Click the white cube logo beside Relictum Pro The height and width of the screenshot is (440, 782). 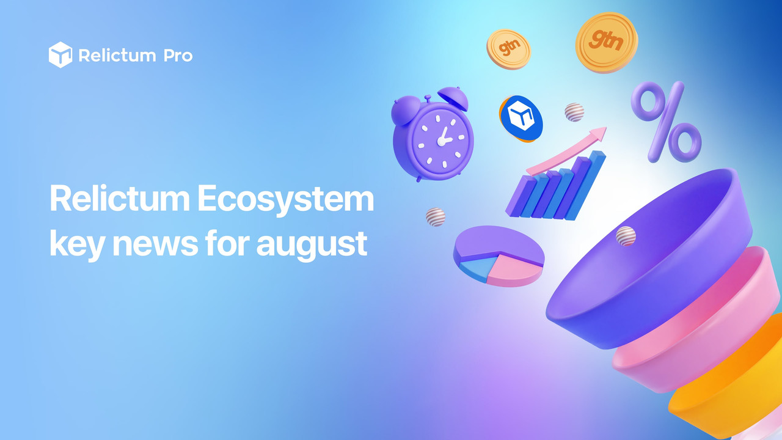(x=60, y=55)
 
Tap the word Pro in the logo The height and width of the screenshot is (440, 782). (x=178, y=56)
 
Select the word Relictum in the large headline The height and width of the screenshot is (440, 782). (x=120, y=198)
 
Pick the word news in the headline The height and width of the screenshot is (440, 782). (x=155, y=243)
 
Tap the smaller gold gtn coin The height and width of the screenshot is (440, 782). (x=509, y=50)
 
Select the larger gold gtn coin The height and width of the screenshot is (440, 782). (x=607, y=42)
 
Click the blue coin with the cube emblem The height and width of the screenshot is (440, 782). (x=521, y=119)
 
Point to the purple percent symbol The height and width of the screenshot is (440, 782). (x=666, y=122)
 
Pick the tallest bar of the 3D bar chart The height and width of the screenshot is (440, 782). (x=586, y=185)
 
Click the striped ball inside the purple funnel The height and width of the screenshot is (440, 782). (x=626, y=236)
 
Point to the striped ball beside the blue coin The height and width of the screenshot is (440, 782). (x=574, y=112)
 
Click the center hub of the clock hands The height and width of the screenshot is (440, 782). (x=442, y=141)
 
